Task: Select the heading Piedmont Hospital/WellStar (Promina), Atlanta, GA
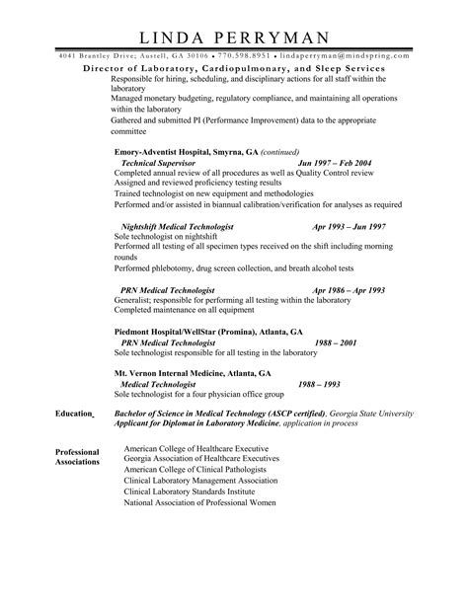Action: pyautogui.click(x=207, y=334)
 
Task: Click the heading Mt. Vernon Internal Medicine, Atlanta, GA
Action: pyautogui.click(x=193, y=376)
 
